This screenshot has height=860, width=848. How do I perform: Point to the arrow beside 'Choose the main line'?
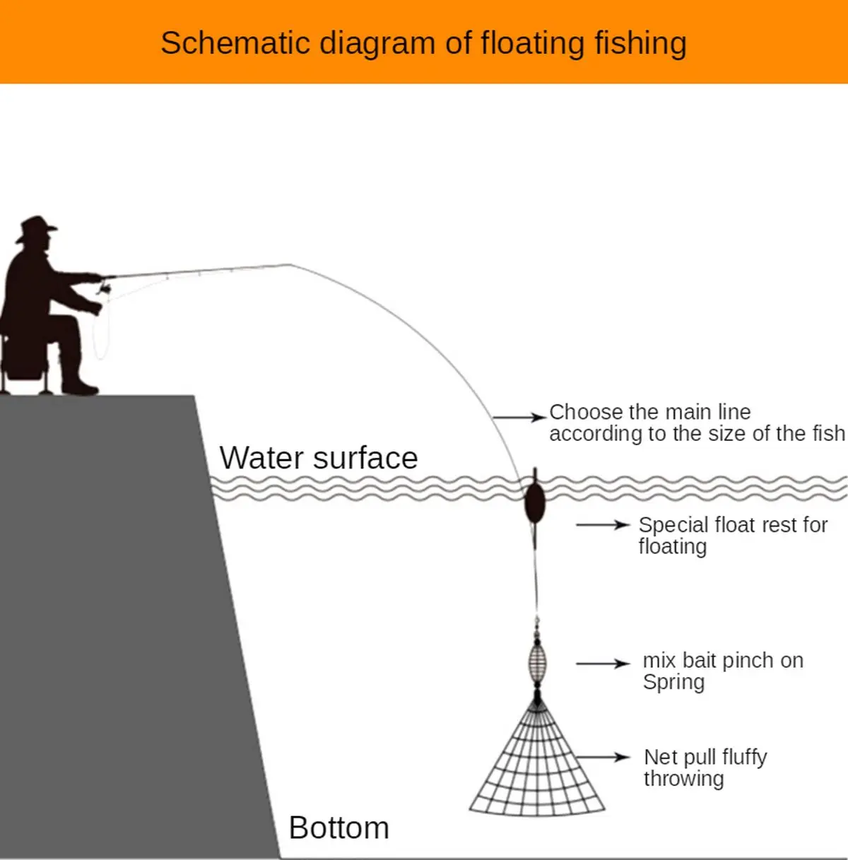(519, 418)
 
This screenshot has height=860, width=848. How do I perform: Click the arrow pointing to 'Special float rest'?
(602, 525)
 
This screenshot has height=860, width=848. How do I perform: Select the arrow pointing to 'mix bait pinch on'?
(602, 664)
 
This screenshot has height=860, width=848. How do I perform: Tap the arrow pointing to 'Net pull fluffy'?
(602, 758)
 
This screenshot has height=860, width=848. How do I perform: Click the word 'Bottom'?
(338, 827)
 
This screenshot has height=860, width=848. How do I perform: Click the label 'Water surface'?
(318, 458)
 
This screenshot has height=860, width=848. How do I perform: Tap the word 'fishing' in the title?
(640, 43)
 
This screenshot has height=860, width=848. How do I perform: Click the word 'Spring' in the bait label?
(673, 683)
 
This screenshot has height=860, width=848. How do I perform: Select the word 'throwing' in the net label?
(683, 779)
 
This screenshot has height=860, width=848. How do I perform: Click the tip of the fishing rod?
(290, 265)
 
